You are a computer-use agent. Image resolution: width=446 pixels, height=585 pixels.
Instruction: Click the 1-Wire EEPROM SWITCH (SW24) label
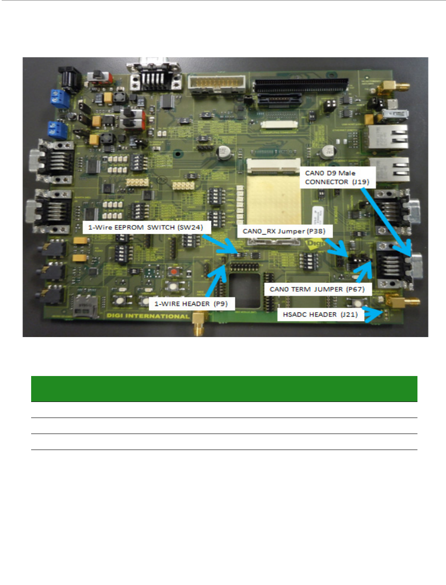(146, 227)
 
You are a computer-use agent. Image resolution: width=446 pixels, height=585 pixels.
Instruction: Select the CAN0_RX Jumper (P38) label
(284, 231)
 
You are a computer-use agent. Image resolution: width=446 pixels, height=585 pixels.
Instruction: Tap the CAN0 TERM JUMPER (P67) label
(317, 289)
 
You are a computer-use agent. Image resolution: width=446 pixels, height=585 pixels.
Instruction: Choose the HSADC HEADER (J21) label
(320, 315)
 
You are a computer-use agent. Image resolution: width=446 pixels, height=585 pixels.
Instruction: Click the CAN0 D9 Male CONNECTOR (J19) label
(337, 177)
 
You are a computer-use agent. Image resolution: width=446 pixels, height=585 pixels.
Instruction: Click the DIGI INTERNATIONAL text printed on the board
(148, 316)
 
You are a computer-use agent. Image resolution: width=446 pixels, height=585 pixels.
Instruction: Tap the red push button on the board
(174, 272)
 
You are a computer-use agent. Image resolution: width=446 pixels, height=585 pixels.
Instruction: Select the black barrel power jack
(69, 79)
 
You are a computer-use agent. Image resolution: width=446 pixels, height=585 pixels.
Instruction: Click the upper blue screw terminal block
(60, 99)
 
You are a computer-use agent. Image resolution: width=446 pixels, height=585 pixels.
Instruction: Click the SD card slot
(85, 306)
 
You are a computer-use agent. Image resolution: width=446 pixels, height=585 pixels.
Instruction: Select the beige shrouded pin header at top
(216, 83)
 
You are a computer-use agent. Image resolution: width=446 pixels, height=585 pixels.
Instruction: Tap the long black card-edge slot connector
(301, 85)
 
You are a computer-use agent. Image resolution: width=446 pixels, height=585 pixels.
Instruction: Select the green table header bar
(224, 389)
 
